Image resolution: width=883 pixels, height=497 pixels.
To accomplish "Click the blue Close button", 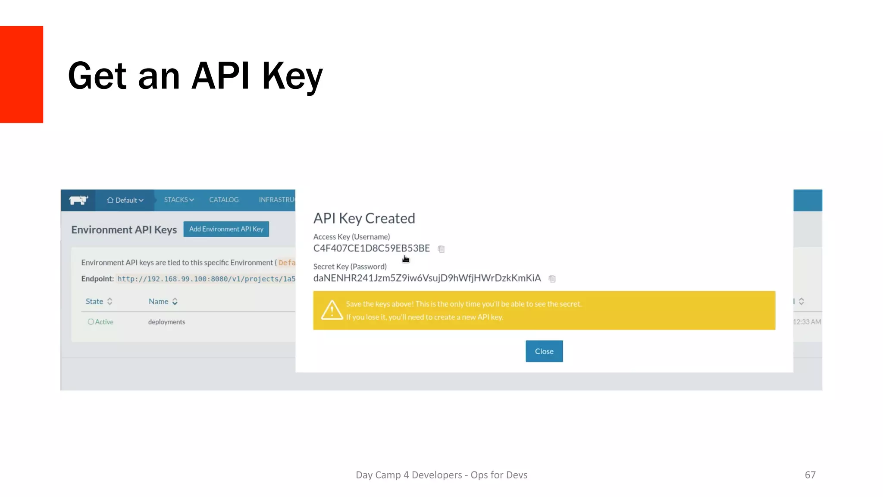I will point(544,351).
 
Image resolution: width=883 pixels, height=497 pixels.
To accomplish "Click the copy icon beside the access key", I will point(441,249).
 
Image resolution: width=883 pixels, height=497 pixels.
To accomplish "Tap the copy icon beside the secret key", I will point(552,279).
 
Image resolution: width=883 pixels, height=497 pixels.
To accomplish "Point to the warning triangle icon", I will point(332,310).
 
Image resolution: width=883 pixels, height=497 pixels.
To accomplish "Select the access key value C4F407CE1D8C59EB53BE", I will point(371,248).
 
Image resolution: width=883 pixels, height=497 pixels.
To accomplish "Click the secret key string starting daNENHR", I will point(427,278).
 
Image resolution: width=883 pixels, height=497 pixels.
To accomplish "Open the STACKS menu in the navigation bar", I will point(178,200).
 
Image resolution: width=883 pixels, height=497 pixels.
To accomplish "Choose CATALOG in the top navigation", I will point(224,200).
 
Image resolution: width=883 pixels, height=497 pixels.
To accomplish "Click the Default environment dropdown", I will point(125,200).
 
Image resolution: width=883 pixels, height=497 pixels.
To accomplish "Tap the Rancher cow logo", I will point(78,200).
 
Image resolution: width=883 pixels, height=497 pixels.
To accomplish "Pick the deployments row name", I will point(166,322).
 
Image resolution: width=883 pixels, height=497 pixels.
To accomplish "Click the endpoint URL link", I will point(206,279).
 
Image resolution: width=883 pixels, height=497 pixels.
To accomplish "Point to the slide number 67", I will point(810,475).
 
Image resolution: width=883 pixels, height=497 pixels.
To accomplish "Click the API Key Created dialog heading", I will point(364,218).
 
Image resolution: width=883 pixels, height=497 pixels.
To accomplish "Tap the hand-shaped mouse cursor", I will point(405,259).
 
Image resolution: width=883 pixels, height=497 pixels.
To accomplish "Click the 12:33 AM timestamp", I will point(807,322).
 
